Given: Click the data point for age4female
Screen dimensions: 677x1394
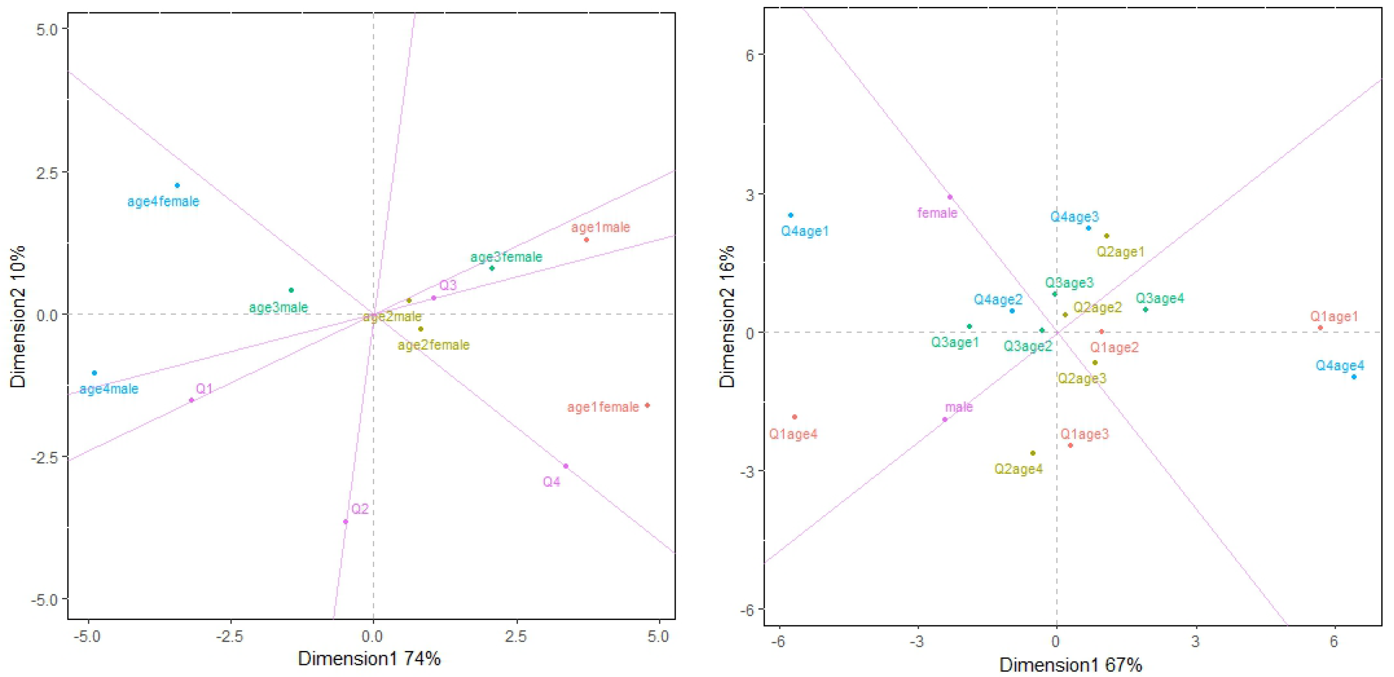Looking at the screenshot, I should click(177, 185).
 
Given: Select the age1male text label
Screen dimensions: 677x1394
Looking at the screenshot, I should click(600, 228).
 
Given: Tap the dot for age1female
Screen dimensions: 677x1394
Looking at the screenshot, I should click(647, 406).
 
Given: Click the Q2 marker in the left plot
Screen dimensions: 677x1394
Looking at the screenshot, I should click(345, 522).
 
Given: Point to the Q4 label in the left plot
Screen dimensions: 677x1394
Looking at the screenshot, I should click(551, 482).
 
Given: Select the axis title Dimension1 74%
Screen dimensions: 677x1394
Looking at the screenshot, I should click(369, 659).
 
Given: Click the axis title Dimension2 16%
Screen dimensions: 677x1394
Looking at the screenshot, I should click(727, 316).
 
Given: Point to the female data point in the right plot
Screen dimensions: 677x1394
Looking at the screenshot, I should click(950, 197).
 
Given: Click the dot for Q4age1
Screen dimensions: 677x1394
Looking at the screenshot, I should click(790, 215).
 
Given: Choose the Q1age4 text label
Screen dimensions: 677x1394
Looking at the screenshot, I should click(793, 434).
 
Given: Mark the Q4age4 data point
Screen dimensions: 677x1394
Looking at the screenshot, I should click(1354, 377).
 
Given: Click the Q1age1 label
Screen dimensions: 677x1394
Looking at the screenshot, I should click(1334, 317).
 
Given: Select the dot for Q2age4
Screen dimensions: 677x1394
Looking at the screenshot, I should click(1032, 453).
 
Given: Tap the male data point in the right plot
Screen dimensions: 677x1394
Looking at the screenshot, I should click(945, 420).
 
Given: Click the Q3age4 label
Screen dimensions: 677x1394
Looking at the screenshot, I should click(1160, 298).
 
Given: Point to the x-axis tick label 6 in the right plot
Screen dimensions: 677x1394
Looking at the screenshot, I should click(1334, 642).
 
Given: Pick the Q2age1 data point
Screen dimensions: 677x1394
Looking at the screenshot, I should click(1107, 236).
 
